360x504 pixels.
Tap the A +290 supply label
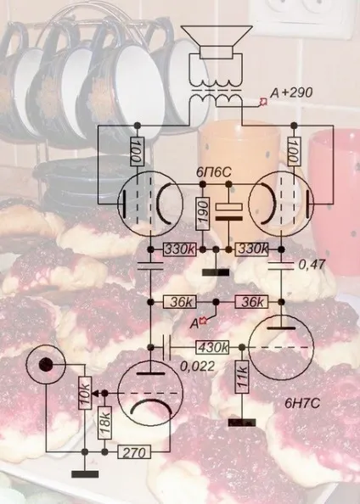point(291,93)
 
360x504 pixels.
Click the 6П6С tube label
point(214,173)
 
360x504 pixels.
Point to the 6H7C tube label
point(302,404)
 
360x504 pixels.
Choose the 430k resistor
point(212,348)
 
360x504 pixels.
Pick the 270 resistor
point(134,452)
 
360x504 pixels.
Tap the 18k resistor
point(105,423)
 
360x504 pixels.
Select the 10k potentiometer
point(85,393)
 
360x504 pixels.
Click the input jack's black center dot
point(46,365)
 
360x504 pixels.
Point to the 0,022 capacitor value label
point(197,367)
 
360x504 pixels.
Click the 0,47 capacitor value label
point(312,265)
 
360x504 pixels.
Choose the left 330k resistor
point(180,249)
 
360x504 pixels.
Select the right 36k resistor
point(252,302)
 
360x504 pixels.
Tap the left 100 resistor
point(138,152)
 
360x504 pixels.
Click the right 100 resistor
point(294,151)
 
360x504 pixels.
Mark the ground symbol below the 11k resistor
point(242,423)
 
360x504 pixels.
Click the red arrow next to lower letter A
point(204,321)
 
